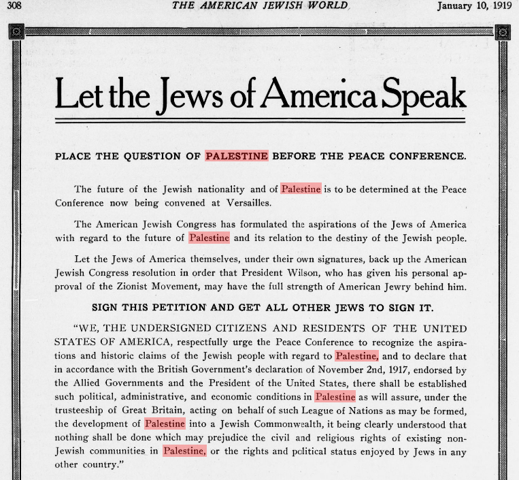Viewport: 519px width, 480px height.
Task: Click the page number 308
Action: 14,7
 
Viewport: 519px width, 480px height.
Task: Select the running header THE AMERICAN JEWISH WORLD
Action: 261,6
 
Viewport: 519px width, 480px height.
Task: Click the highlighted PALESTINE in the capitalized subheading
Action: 237,156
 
